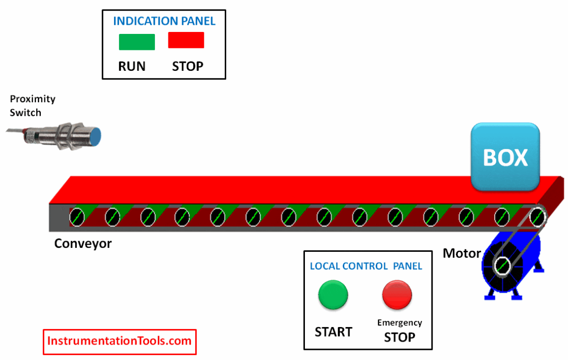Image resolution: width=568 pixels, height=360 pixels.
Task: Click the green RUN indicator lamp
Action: coord(137,42)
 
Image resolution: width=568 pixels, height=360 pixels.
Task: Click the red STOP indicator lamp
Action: coord(186,40)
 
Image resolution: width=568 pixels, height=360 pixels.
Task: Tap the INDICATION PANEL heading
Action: coord(164,21)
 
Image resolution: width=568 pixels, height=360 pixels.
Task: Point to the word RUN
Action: coord(132,67)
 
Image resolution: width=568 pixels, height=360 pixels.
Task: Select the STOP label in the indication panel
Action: coord(188,67)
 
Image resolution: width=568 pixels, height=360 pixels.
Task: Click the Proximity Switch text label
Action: coord(32,106)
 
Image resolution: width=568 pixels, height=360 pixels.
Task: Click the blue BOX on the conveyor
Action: coord(505,157)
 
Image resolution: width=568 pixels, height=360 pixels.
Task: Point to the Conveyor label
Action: coord(83,244)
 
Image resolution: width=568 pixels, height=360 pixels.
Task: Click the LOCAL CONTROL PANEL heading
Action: coord(366,266)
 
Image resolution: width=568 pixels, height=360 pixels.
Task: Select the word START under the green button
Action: coord(333,332)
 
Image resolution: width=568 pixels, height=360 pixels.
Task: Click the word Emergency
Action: coord(400,323)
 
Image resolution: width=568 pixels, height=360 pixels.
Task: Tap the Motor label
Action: coord(462,254)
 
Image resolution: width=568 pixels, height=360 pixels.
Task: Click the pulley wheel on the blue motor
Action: coord(502,267)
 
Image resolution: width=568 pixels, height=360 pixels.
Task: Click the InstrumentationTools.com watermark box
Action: coord(120,342)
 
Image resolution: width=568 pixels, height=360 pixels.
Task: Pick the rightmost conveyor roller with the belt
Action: coord(537,216)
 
